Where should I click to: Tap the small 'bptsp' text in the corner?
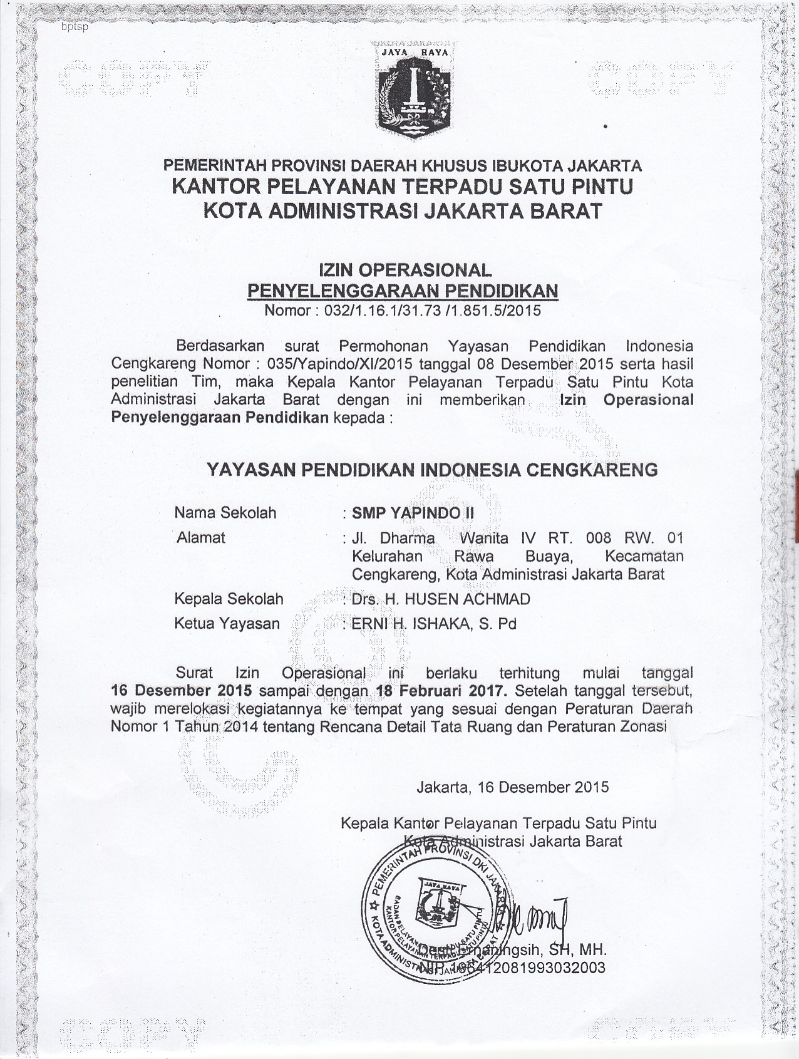[75, 27]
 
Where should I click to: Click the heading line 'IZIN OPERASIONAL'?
[405, 270]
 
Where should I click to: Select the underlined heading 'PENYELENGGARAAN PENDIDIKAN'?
[403, 291]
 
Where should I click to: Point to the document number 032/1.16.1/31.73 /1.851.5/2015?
[432, 311]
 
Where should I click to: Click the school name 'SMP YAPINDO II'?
[413, 513]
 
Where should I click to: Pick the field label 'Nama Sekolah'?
[225, 513]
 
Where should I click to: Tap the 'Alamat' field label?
[201, 537]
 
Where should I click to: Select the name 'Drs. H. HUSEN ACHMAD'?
[441, 599]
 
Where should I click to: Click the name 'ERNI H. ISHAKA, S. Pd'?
[434, 624]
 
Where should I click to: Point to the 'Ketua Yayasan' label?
[227, 624]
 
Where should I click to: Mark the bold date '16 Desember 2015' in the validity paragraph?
[182, 691]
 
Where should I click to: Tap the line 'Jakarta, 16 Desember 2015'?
[513, 787]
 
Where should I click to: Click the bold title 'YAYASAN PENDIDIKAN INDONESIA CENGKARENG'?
[432, 470]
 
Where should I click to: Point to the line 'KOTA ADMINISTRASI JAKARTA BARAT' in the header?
[403, 211]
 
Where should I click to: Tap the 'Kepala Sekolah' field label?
[229, 599]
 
